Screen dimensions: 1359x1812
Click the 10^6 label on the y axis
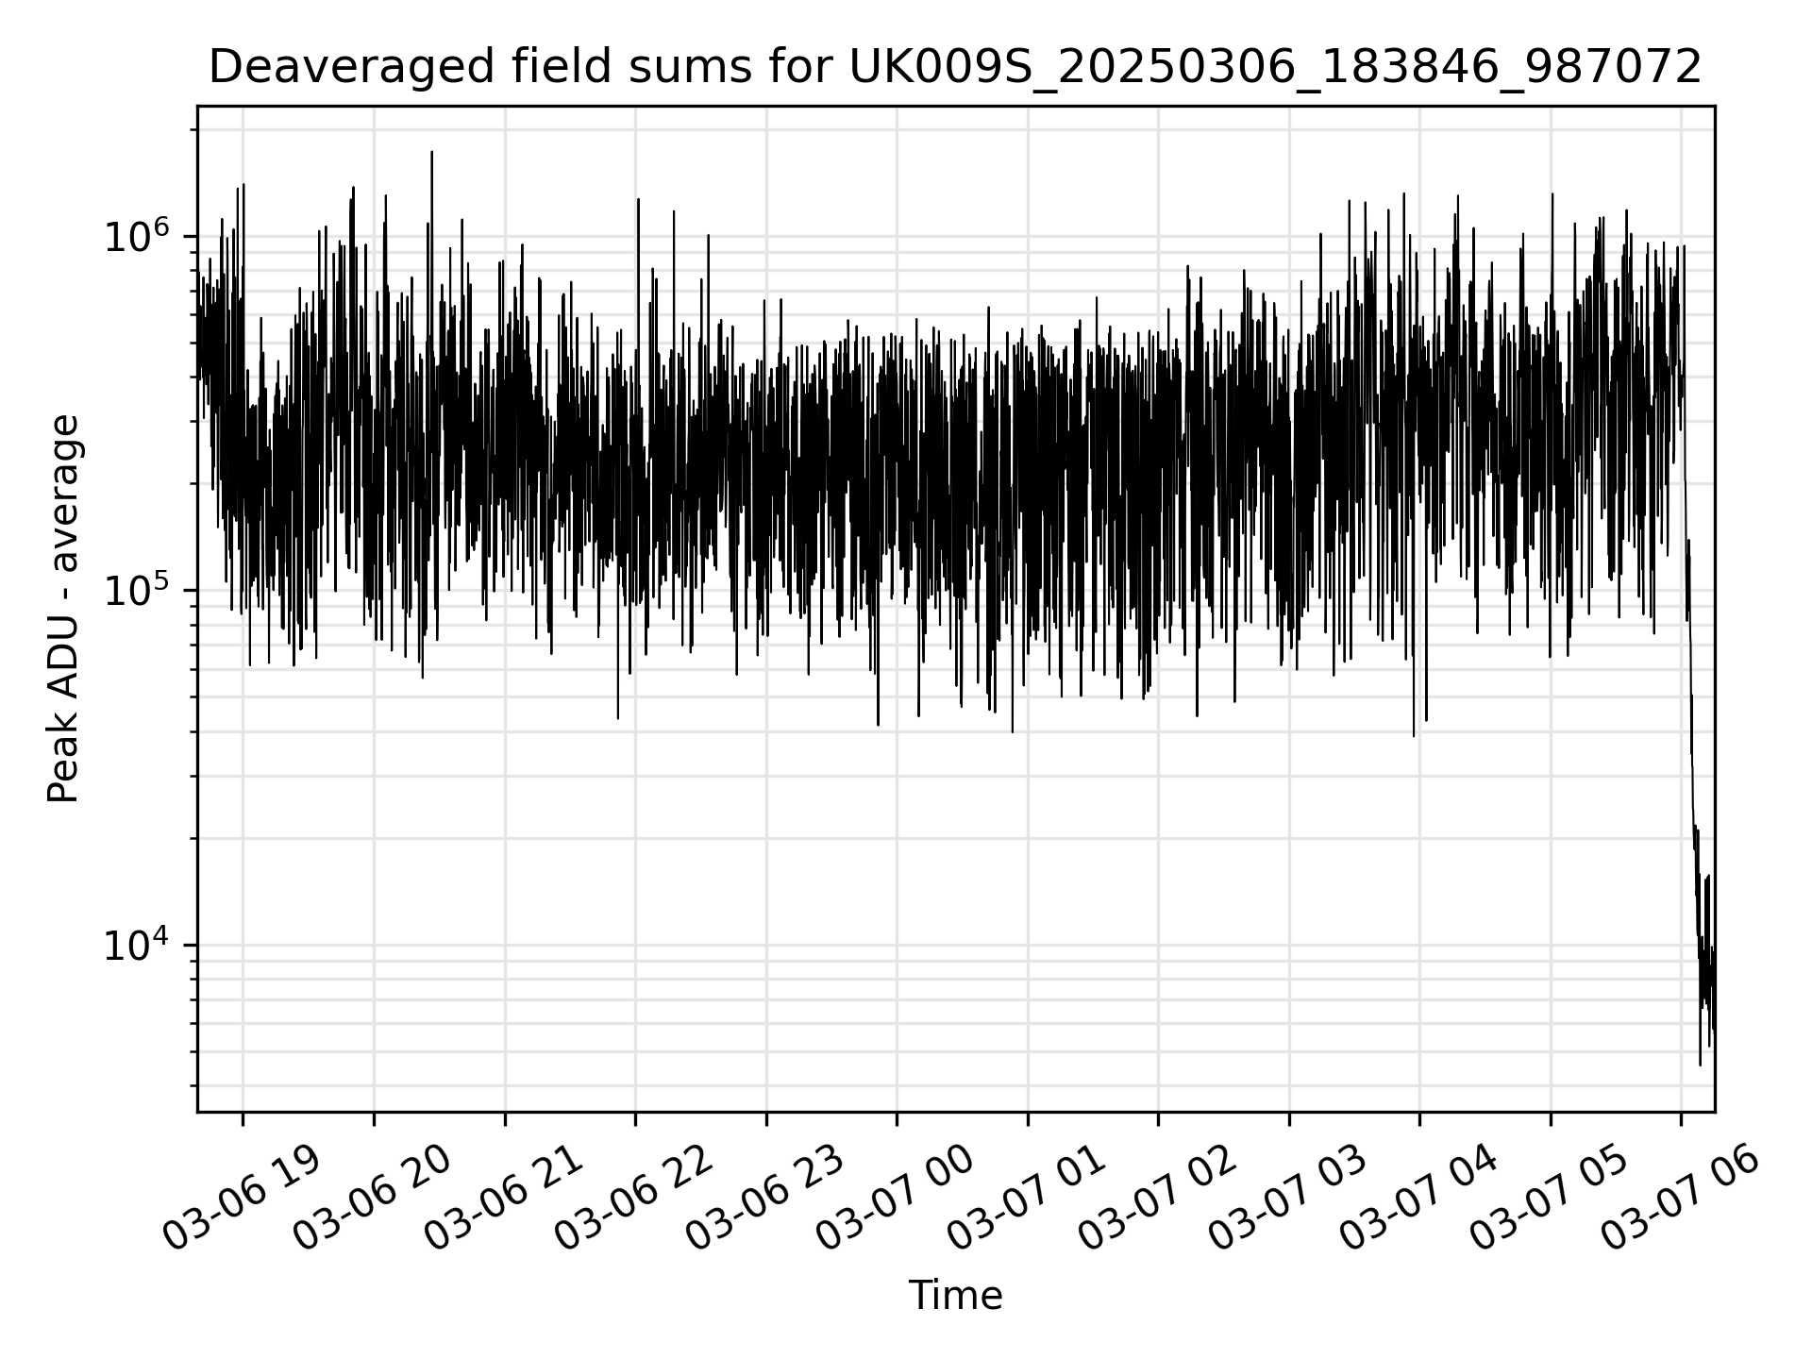tap(137, 235)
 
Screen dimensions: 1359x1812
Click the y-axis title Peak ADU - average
tap(64, 609)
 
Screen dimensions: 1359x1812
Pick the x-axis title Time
tap(955, 1296)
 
